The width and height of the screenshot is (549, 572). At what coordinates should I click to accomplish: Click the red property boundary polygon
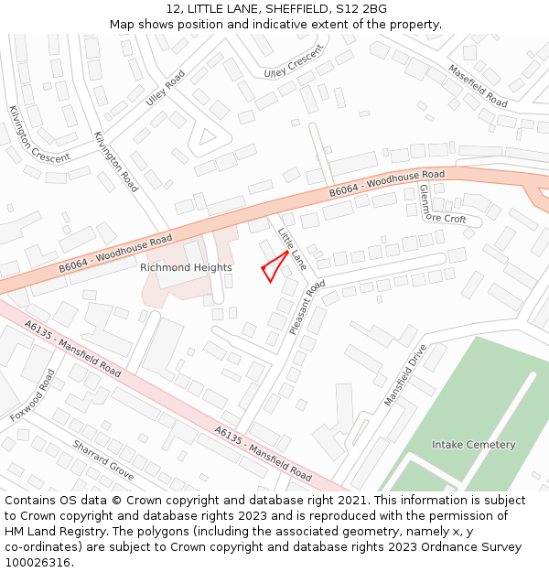point(274,267)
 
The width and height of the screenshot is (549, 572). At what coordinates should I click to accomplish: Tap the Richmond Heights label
point(186,267)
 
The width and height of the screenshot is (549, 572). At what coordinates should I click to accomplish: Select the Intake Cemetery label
point(473,445)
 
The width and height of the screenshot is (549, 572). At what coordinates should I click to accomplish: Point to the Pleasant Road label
point(307,308)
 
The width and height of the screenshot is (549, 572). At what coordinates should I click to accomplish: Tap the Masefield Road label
point(477,85)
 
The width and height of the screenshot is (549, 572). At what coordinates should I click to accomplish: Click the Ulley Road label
point(165,88)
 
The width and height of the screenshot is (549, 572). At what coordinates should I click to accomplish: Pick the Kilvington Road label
point(115,161)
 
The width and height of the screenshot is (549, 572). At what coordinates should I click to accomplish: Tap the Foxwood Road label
point(33,394)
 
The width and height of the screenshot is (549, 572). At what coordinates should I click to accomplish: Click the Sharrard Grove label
point(103,459)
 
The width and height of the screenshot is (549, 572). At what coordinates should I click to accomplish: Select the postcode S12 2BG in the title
point(361,9)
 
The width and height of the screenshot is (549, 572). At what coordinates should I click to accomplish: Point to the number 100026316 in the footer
point(37,562)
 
